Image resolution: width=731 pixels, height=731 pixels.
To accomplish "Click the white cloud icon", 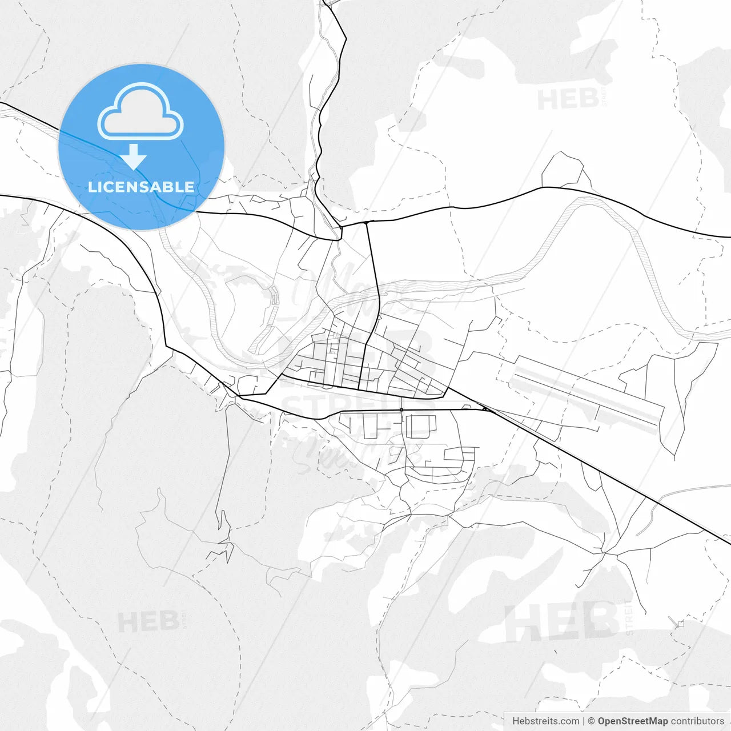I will click(x=140, y=112).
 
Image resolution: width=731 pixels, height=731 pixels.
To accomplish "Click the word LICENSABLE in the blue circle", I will click(x=141, y=187).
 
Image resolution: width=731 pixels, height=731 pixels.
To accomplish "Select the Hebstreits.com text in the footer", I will click(x=545, y=721).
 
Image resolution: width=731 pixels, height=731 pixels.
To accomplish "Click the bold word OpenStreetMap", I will click(x=633, y=721).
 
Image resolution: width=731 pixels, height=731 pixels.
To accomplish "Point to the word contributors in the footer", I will click(x=697, y=721).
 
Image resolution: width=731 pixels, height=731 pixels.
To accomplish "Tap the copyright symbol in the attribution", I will click(x=592, y=721).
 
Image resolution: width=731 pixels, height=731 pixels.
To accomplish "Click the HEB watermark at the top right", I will click(x=568, y=100).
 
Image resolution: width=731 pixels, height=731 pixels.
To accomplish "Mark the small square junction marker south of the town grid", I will click(x=401, y=410).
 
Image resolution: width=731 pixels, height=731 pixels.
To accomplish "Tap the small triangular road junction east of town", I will click(x=485, y=409).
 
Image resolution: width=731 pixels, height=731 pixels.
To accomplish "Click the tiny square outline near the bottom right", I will click(x=680, y=624).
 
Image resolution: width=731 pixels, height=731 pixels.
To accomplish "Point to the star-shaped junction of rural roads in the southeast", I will click(x=606, y=553).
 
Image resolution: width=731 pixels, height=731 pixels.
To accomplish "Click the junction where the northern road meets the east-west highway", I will click(x=341, y=227).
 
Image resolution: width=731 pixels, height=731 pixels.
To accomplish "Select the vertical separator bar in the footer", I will click(x=583, y=721).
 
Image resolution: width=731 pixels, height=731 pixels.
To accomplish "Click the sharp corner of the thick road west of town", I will click(x=166, y=346).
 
